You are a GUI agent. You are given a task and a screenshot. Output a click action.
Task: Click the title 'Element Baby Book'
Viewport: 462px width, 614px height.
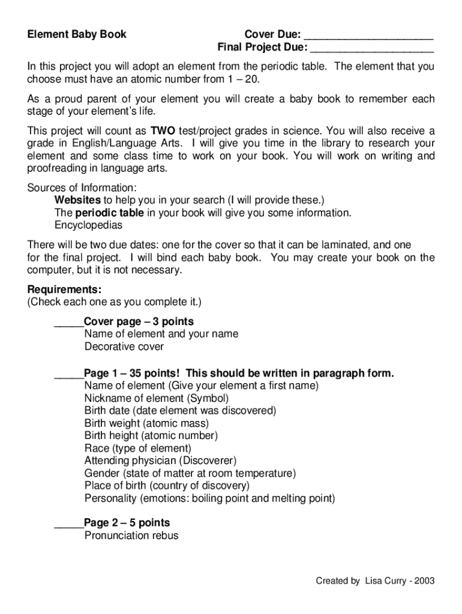pos(77,34)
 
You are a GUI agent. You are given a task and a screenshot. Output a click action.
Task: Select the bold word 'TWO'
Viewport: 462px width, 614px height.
pos(163,131)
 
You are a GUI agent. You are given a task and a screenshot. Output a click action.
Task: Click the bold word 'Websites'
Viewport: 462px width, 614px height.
pos(78,200)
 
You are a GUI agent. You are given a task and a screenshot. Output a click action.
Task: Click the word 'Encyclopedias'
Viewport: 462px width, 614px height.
pos(88,225)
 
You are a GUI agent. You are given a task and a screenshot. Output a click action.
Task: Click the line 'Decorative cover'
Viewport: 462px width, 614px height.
pos(124,347)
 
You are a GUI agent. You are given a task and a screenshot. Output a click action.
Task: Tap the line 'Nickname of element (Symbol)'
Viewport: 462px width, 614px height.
pos(157,398)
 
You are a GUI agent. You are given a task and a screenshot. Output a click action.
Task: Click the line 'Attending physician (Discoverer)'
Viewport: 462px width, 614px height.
pos(160,460)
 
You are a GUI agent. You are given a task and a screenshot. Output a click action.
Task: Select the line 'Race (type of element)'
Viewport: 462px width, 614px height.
pos(137,448)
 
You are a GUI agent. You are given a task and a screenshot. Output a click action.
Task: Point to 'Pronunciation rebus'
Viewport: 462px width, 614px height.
pos(131,535)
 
